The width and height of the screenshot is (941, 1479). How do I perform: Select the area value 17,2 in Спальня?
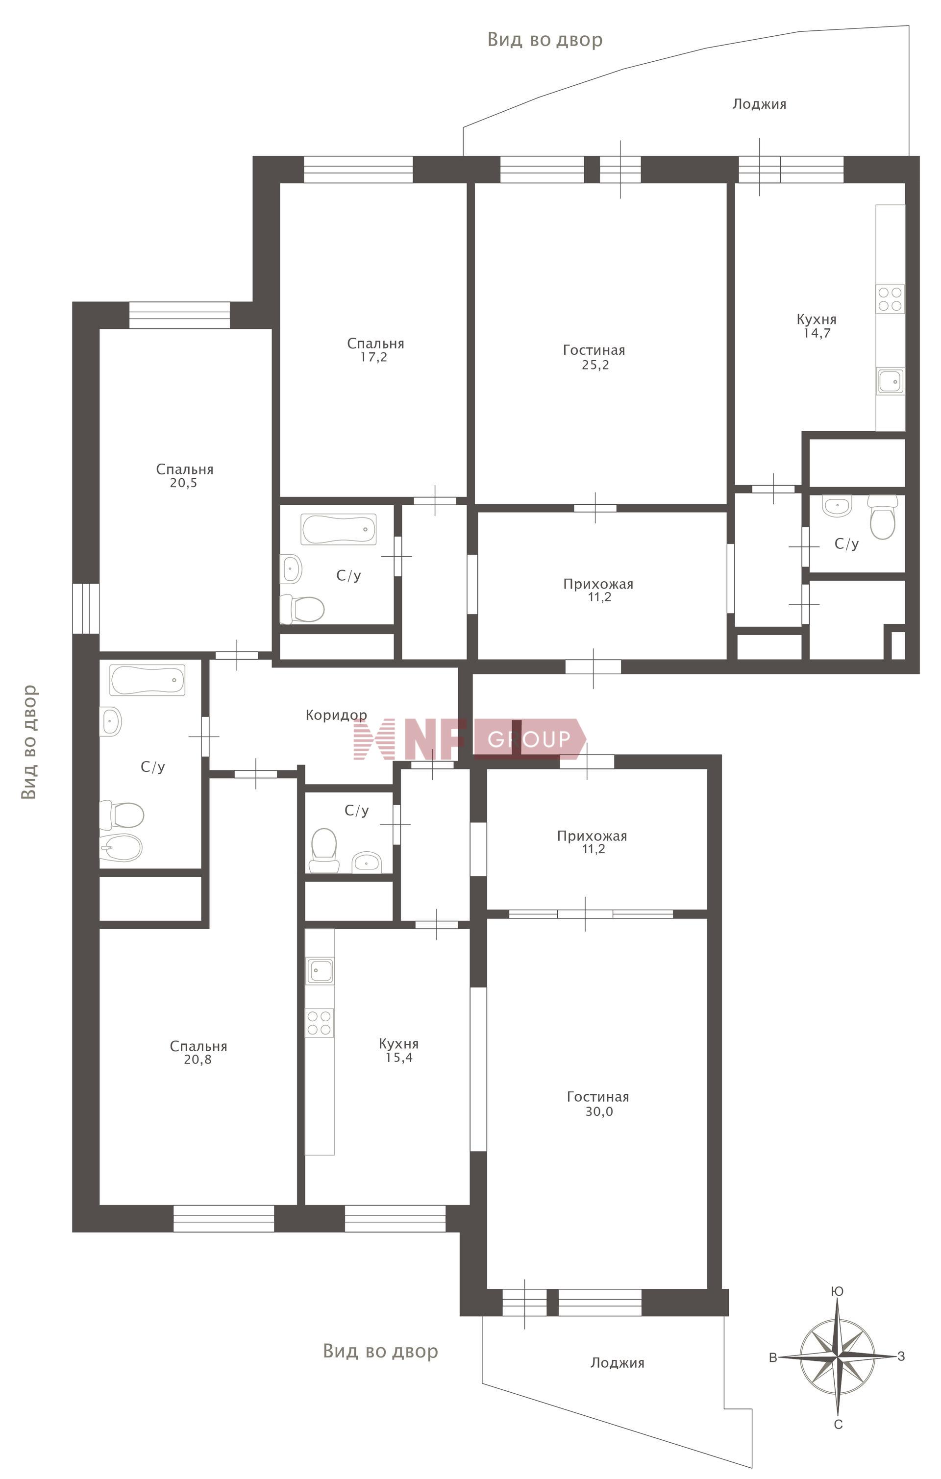coord(374,357)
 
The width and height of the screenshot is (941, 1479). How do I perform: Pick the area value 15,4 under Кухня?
coord(398,1058)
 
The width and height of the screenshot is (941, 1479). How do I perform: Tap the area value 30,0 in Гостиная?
coord(599,1112)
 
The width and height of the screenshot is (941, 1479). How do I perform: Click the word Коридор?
coord(337,715)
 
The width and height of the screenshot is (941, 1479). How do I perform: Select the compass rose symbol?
coord(838,1356)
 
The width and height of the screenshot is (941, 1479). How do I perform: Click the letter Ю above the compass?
coord(837,1291)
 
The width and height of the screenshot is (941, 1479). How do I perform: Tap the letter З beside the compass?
coord(901,1356)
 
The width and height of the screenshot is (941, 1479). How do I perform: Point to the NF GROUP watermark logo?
coord(470,739)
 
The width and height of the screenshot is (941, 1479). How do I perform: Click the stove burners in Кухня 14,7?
coord(890,299)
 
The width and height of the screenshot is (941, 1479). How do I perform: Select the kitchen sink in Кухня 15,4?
coord(320,971)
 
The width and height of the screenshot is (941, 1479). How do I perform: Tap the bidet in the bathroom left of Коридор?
coord(121,848)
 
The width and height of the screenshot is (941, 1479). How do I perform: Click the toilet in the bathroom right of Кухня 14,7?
coord(882,517)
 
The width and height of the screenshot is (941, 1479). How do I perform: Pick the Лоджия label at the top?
coord(759,104)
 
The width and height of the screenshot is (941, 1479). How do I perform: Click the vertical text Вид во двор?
coord(29,742)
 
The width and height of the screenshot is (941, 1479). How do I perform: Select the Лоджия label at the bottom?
coord(618,1363)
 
